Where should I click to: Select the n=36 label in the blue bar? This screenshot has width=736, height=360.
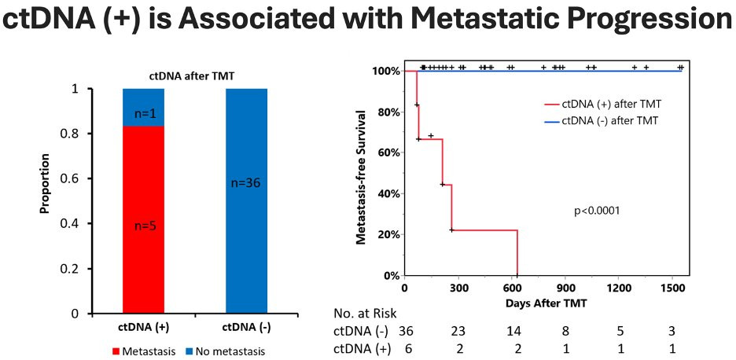(245, 184)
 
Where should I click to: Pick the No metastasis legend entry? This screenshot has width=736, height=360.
(230, 351)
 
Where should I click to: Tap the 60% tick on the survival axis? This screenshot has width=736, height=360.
(387, 152)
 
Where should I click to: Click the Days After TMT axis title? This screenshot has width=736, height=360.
(544, 302)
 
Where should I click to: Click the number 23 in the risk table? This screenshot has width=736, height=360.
(459, 331)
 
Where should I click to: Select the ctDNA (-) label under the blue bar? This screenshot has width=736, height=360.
(246, 326)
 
